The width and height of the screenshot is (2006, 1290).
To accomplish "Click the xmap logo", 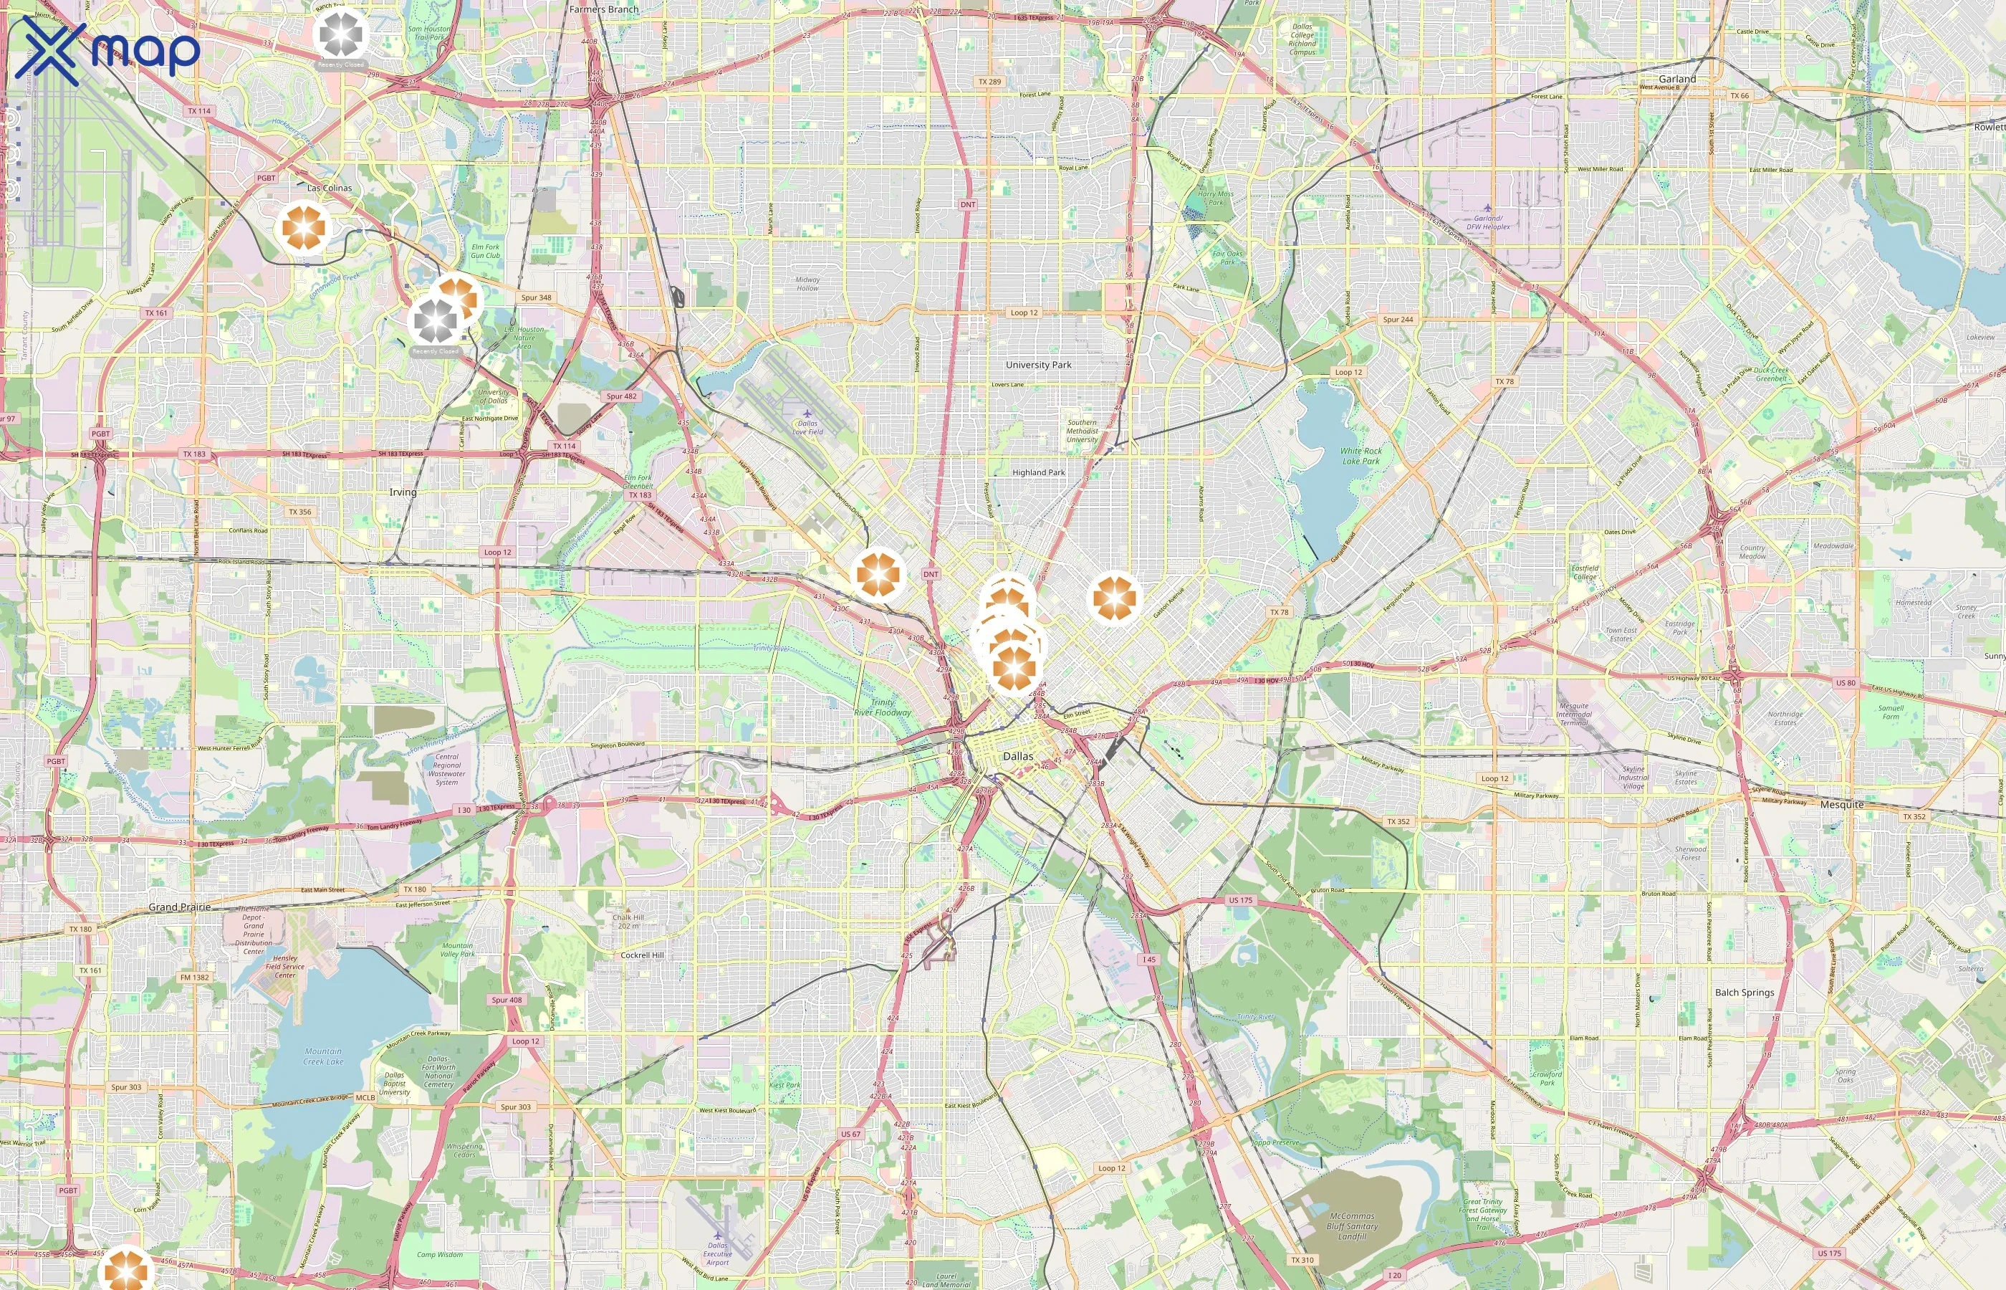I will point(107,52).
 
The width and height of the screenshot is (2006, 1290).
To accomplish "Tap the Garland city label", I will point(1677,79).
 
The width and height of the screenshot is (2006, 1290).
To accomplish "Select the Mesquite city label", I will point(1842,804).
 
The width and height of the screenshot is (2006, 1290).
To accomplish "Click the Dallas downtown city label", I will point(1018,755).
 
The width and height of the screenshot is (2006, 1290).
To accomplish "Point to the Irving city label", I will point(403,492).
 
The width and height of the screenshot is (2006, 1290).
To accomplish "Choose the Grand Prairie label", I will point(180,907).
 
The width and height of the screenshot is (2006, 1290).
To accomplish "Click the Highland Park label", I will point(1038,472).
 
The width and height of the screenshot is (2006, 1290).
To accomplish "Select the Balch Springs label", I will point(1744,992).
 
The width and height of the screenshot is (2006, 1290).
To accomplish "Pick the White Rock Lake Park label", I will point(1360,456).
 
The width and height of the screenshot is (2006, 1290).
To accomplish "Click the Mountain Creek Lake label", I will point(323,1056).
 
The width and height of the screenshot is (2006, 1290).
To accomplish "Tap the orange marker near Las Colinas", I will point(303,227).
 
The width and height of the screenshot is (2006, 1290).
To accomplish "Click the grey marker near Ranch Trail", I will point(342,34).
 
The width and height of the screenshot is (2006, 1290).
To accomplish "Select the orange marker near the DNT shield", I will point(878,575).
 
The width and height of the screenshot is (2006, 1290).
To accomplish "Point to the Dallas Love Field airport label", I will point(807,427).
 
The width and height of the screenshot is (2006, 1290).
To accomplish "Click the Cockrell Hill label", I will point(642,955).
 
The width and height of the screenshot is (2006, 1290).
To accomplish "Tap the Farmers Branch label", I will point(604,9).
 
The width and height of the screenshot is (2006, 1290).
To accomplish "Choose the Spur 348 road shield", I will point(536,297).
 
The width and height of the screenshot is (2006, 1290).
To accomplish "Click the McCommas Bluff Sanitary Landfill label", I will point(1351,1225).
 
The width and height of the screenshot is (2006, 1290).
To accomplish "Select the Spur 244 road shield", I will point(1397,319).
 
